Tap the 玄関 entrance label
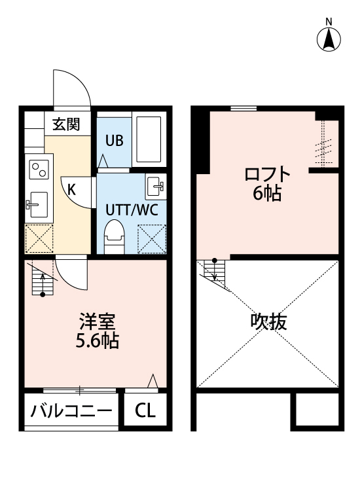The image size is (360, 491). (66, 124)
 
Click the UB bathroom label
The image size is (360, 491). (115, 141)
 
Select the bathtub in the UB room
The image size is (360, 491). (149, 139)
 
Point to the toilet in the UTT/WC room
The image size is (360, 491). (114, 237)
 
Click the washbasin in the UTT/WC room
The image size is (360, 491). (156, 187)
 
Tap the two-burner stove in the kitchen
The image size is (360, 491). (39, 170)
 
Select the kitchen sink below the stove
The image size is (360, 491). (37, 205)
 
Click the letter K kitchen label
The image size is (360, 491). (72, 190)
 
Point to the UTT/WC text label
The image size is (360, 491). (132, 209)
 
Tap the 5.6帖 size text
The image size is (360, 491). (97, 340)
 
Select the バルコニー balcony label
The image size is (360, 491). (71, 410)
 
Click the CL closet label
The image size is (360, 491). (145, 410)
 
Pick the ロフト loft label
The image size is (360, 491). (267, 174)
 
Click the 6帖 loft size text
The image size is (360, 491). (267, 193)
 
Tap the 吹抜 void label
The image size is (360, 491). (268, 321)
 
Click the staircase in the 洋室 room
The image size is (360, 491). (43, 280)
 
